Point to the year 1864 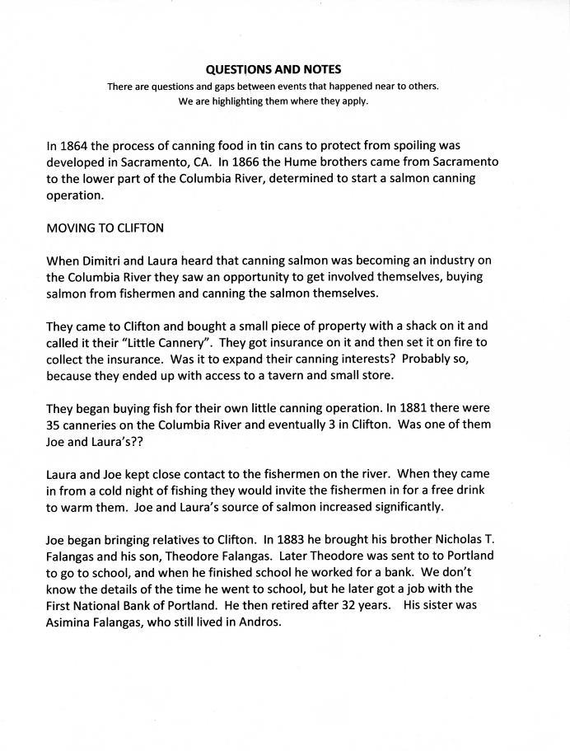(76, 146)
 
